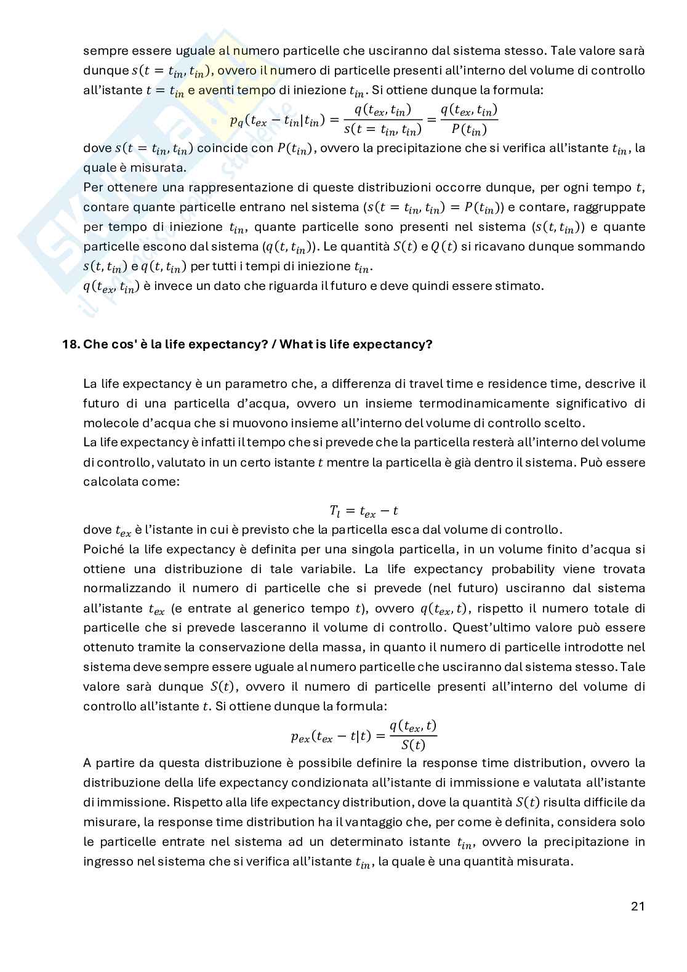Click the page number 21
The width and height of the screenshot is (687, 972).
(637, 906)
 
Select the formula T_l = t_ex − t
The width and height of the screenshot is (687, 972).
(364, 511)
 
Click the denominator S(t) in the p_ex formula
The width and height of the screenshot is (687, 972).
(413, 745)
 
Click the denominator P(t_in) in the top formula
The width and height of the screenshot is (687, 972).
(468, 130)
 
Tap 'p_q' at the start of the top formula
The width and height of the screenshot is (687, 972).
(236, 121)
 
